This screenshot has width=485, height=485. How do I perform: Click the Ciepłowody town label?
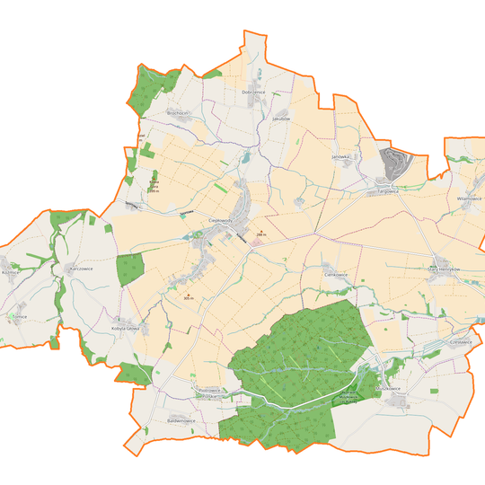pos(221,219)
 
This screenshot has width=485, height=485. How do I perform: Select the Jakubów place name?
pos(283,117)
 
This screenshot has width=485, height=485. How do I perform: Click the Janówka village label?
pos(339,156)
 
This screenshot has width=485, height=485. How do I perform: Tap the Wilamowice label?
pos(469,198)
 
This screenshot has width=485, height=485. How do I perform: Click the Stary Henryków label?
pos(443,269)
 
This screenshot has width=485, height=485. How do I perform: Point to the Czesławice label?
pos(460,342)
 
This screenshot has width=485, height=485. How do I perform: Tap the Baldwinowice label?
pos(181,419)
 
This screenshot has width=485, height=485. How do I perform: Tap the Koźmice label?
pos(11,270)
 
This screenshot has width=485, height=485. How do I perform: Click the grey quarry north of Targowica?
pos(393,163)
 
